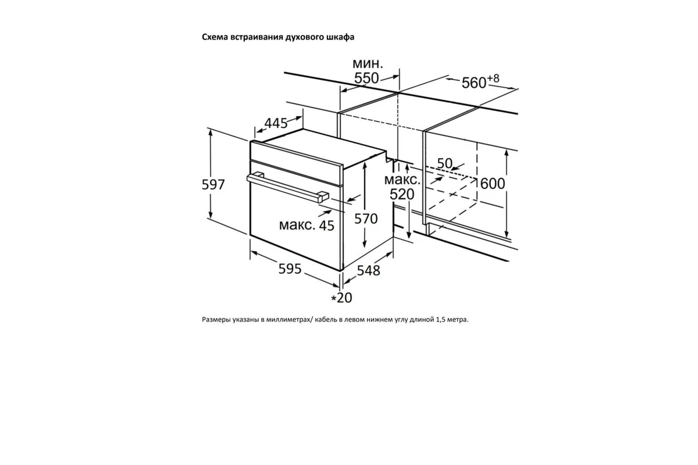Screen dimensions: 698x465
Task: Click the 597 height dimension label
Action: pos(213,185)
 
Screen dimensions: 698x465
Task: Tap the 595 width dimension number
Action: pos(290,269)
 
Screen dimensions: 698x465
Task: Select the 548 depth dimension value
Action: pos(368,270)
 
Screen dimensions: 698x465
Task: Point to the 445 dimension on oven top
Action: pos(276,123)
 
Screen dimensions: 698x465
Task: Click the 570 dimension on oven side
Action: pos(366,219)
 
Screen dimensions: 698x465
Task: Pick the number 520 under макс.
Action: pos(402,195)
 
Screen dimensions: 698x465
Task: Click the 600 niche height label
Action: pos(493,184)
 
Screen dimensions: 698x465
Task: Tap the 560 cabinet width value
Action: pos(473,83)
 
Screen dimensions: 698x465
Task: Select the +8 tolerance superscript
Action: pos(493,78)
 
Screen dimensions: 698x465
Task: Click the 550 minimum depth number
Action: pos(366,78)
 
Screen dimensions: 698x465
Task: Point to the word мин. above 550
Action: pos(368,63)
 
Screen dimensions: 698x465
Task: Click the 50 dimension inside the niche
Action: pos(444,163)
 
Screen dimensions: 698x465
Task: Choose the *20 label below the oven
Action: pos(341,298)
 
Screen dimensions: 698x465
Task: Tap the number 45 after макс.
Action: pos(326,226)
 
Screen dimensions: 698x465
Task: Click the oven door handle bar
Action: pos(287,188)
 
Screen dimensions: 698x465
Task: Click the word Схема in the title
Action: pos(215,37)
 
